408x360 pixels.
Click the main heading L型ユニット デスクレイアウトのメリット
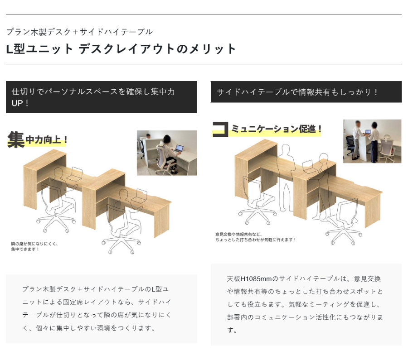click(121, 48)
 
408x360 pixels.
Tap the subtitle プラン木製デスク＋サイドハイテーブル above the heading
click(79, 32)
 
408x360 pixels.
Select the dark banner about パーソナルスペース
click(102, 97)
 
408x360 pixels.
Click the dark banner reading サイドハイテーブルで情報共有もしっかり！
click(306, 92)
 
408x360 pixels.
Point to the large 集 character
click(16, 139)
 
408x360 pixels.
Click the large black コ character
click(220, 129)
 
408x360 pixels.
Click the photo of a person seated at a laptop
click(167, 153)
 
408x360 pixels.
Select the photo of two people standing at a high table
click(372, 141)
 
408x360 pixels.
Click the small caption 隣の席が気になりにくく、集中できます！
click(34, 246)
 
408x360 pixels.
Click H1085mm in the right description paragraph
click(256, 279)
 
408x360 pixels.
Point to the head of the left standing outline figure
click(286, 150)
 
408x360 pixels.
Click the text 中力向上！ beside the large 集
click(47, 139)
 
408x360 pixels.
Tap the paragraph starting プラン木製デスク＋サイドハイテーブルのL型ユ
click(97, 308)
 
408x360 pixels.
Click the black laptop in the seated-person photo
click(179, 149)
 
